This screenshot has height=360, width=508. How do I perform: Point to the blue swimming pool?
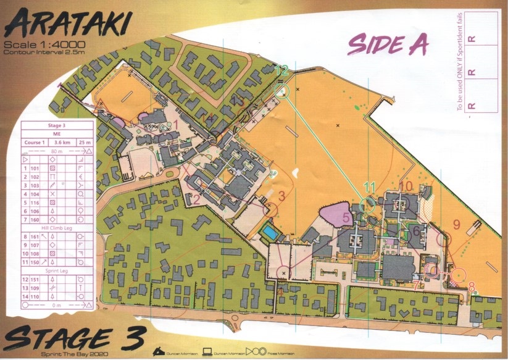(x=270, y=233)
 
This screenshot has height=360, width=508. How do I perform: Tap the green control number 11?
(x=370, y=186)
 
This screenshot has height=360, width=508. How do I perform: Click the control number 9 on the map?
(x=457, y=224)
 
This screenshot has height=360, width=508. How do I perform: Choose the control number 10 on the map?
(x=406, y=186)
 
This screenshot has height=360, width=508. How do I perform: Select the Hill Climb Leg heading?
(x=57, y=227)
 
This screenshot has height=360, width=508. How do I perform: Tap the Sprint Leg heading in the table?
(x=57, y=270)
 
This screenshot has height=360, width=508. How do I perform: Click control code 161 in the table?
(x=35, y=237)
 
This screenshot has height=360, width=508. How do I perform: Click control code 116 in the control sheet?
(x=35, y=202)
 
